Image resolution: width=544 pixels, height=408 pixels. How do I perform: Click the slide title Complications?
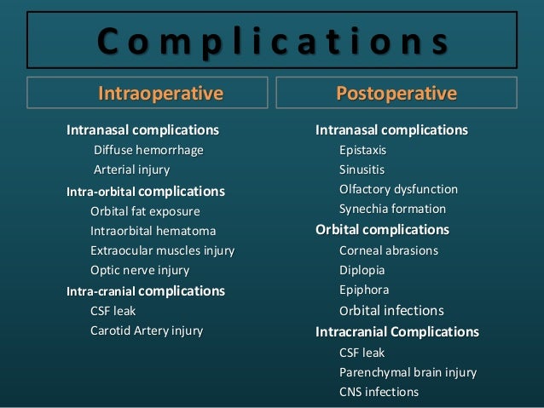[x=272, y=39]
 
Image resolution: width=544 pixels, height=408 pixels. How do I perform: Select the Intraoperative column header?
[x=160, y=93]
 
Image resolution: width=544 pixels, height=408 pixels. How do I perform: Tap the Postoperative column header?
[x=396, y=93]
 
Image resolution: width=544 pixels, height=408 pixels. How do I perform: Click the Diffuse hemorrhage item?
[x=148, y=150]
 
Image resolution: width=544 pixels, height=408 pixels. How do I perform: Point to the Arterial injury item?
[x=131, y=170]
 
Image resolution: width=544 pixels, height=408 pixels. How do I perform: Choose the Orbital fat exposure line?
[x=145, y=210]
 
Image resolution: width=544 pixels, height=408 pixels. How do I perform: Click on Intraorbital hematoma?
[x=153, y=231]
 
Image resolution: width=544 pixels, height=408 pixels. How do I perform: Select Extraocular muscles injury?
[x=162, y=250]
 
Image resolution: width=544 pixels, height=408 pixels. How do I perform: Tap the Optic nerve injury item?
[x=140, y=270]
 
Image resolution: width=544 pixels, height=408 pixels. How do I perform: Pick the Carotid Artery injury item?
[x=147, y=330]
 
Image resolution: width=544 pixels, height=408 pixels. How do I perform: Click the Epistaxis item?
[x=362, y=150]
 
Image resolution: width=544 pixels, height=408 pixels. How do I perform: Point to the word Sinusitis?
[x=362, y=170]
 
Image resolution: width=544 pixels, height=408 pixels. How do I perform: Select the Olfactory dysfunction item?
[x=398, y=189]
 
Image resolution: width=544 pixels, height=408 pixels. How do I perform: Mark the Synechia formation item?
[x=392, y=209]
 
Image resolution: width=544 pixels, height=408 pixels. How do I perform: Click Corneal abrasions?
[x=388, y=250]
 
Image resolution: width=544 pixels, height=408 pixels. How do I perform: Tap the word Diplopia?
[x=362, y=270]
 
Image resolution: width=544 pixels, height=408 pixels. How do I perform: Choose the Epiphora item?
[x=362, y=290]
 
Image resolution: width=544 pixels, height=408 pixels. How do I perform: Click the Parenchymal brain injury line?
[x=408, y=372]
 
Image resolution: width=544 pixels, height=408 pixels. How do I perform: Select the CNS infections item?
[x=379, y=392]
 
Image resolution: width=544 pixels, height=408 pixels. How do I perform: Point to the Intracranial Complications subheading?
[x=397, y=331]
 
